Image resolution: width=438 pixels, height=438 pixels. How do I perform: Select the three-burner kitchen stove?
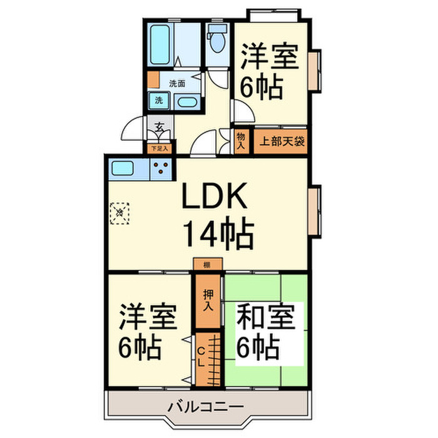pyautogui.click(x=162, y=168)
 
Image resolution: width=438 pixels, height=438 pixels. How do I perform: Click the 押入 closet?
pyautogui.click(x=208, y=300)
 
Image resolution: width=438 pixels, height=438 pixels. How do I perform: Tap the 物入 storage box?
pyautogui.click(x=242, y=141)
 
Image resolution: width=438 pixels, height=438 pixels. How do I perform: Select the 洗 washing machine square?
pyautogui.click(x=158, y=100)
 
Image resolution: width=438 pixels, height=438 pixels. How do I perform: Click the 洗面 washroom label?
pyautogui.click(x=177, y=83)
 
